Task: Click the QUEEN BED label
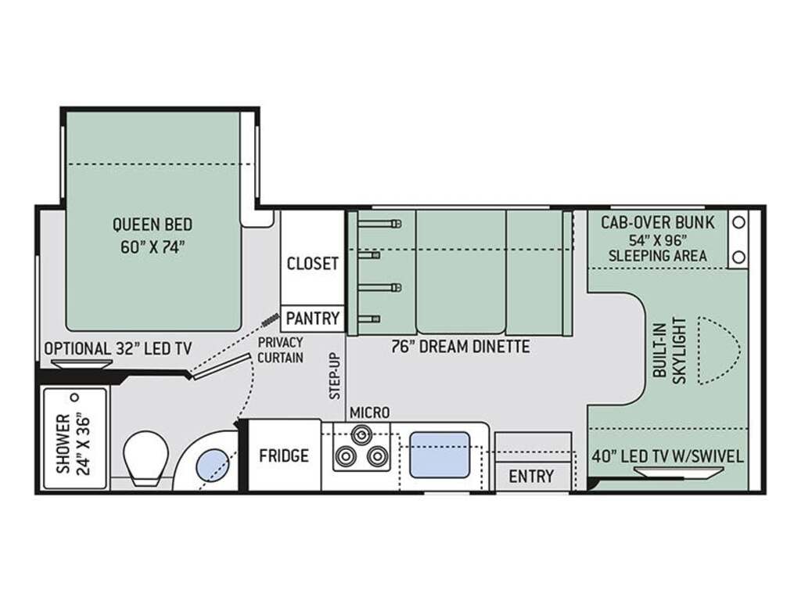153,225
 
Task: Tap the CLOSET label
313,264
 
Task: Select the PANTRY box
313,318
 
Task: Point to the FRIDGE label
283,455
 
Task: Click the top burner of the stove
361,434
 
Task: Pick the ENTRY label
531,477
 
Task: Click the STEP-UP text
335,376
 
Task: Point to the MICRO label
369,412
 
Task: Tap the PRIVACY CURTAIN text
280,350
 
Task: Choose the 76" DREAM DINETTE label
460,347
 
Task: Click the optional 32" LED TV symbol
81,363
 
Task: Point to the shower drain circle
75,397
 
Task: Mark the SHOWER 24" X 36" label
73,443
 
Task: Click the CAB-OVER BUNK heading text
658,223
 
